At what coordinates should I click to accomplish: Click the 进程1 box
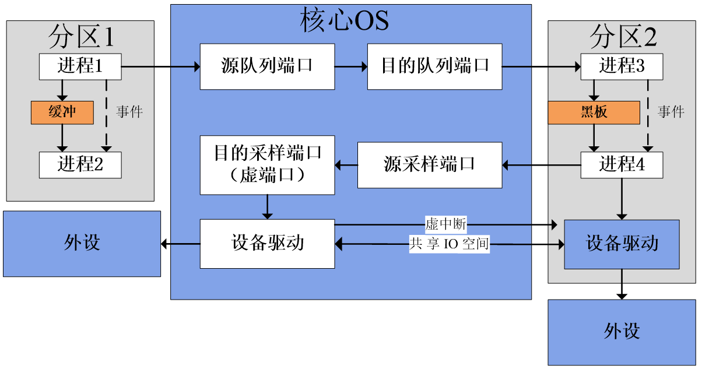80,66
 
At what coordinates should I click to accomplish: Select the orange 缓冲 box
62,112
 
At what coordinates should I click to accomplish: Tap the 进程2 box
80,165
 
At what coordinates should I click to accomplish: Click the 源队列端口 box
267,66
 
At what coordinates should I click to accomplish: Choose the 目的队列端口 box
434,66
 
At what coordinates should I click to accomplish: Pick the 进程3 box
622,66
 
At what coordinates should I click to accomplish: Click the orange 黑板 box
594,112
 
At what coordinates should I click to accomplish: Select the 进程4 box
622,165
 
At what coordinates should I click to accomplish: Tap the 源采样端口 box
429,165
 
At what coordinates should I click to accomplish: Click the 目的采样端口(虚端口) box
267,165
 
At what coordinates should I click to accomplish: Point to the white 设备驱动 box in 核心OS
267,243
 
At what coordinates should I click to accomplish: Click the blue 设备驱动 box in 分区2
622,244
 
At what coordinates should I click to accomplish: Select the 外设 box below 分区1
82,243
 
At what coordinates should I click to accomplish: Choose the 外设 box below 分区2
622,332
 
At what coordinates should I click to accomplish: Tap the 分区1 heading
80,37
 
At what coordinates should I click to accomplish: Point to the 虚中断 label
446,224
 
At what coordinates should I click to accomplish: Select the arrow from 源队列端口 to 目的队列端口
351,67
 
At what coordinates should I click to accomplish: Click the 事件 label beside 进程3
671,112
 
